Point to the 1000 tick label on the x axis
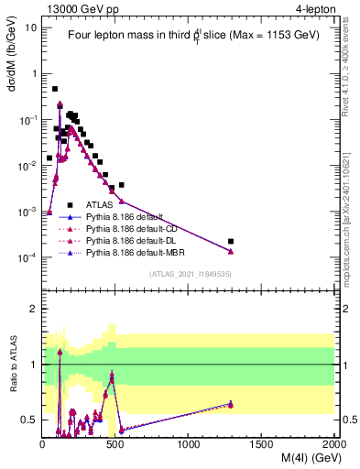[x=189, y=442]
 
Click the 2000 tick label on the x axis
[x=333, y=442]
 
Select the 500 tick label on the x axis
[x=115, y=442]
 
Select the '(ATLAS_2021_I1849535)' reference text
[x=189, y=274]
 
